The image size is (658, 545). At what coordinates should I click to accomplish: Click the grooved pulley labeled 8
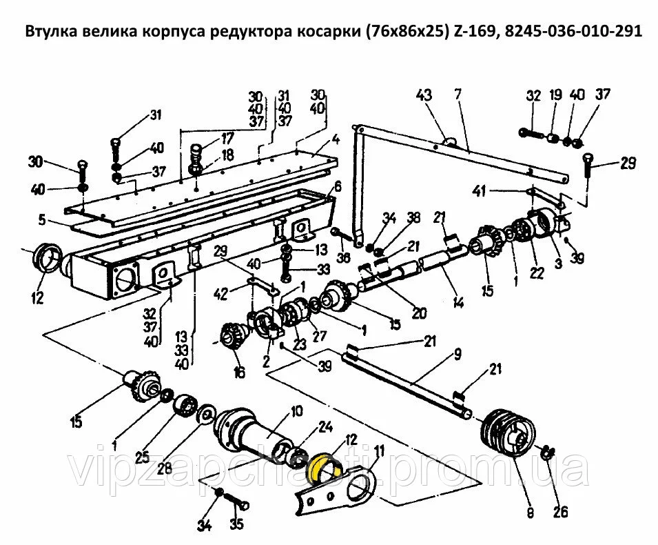pyautogui.click(x=506, y=433)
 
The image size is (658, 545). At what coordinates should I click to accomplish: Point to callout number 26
pyautogui.click(x=560, y=512)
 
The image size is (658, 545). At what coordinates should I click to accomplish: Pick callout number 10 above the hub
pyautogui.click(x=296, y=412)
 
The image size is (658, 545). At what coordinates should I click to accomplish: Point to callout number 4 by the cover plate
pyautogui.click(x=336, y=141)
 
